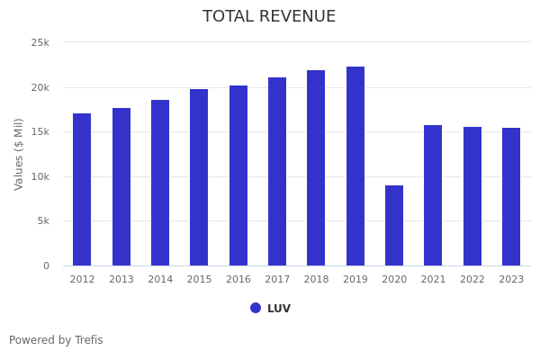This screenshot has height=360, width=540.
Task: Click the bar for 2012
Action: coord(82,189)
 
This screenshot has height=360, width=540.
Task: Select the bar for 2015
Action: coord(199,177)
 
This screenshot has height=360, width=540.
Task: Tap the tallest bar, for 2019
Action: coord(355,166)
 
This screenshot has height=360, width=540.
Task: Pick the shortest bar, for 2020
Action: coord(394,225)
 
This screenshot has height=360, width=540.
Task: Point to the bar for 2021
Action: coord(433,195)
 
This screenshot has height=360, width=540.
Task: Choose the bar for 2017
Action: coord(277,171)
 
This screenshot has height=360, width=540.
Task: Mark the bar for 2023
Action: coord(511,196)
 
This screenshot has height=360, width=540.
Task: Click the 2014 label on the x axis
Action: coord(160,280)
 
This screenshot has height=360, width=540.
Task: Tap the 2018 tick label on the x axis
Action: coord(316,280)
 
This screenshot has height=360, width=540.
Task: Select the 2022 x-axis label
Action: coord(472,280)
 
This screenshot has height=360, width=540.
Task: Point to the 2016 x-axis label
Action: coord(238,280)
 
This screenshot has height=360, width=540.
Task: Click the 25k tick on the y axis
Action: coord(40,43)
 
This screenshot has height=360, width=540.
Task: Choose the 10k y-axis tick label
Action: coord(40,177)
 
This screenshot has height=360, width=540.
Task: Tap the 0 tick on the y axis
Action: coord(46,266)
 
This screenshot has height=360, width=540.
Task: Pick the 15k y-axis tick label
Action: coord(40,132)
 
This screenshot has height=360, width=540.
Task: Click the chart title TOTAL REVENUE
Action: coord(269,17)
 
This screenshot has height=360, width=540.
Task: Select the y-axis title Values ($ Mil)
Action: coord(20,154)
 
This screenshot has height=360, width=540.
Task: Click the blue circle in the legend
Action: coord(256,308)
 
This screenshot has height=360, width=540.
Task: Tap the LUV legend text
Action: coord(279,309)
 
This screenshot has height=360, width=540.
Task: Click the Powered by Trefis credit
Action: coord(56,340)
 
